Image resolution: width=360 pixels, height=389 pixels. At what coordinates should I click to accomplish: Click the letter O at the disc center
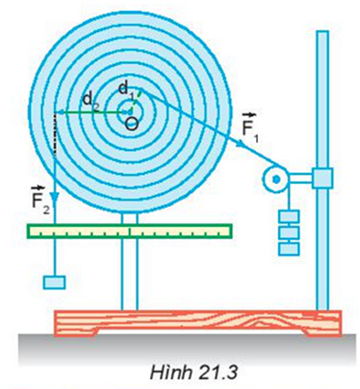click(132, 123)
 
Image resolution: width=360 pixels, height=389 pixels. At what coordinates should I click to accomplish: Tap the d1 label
click(126, 90)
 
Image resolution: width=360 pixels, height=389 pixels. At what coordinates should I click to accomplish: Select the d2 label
click(91, 101)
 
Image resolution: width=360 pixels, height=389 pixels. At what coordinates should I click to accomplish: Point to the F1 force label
click(250, 128)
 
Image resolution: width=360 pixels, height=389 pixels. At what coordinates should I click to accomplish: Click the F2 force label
click(41, 199)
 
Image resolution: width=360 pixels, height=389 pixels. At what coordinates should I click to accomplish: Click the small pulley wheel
click(276, 179)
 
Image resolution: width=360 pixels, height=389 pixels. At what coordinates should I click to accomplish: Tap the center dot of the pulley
click(276, 179)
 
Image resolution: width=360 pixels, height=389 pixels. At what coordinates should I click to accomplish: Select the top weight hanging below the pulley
click(289, 216)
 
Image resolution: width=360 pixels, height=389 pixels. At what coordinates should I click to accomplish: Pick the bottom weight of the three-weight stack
click(289, 249)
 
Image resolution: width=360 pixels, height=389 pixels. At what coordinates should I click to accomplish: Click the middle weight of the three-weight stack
click(289, 233)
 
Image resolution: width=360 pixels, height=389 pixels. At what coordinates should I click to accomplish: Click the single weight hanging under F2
click(54, 282)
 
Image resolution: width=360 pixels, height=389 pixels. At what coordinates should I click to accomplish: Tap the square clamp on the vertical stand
click(323, 178)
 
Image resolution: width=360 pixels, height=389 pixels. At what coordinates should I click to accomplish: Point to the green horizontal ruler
click(130, 231)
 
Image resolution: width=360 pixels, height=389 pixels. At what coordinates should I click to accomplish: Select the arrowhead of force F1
click(240, 143)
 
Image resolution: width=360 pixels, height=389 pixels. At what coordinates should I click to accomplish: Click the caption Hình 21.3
click(194, 372)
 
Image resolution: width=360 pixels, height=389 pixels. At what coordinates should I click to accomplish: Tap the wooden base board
click(197, 323)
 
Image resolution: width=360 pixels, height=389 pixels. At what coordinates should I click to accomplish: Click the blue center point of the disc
click(130, 113)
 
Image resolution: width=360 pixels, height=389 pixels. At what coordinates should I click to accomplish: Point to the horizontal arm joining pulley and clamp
click(300, 178)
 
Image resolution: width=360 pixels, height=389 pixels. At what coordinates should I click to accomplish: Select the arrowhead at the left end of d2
click(60, 112)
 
